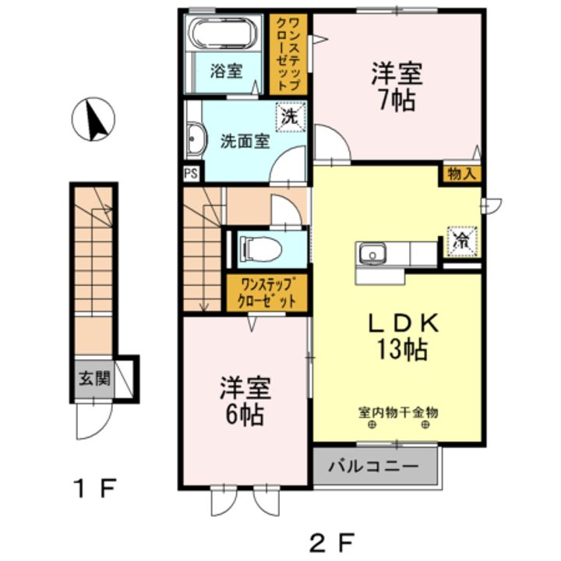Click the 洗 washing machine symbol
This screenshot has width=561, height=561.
pyautogui.click(x=289, y=119)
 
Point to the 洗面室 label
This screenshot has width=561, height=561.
pyautogui.click(x=244, y=142)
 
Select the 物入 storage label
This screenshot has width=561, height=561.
pyautogui.click(x=462, y=174)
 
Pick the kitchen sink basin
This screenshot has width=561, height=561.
pyautogui.click(x=372, y=254)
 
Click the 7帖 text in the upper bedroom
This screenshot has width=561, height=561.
pyautogui.click(x=397, y=101)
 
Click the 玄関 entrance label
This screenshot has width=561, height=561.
pyautogui.click(x=93, y=381)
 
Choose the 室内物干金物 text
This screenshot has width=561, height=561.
pyautogui.click(x=398, y=411)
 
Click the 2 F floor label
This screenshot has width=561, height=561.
pyautogui.click(x=332, y=538)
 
